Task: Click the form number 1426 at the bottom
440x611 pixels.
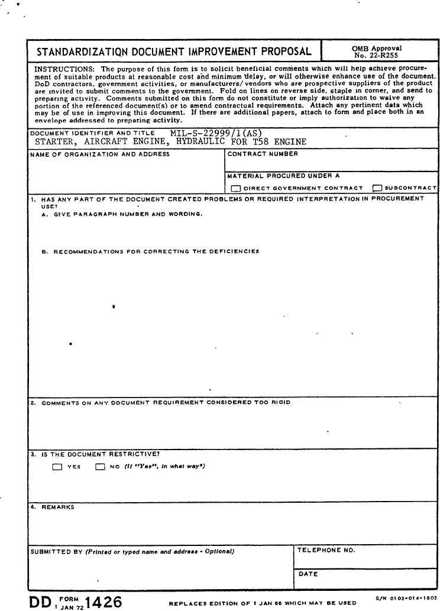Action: click(x=103, y=602)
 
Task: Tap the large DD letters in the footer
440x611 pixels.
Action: click(x=40, y=602)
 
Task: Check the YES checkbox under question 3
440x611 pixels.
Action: click(x=57, y=467)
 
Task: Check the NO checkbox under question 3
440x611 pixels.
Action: click(x=100, y=467)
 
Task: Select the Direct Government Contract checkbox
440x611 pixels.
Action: click(x=236, y=188)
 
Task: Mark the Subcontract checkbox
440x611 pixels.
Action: click(x=377, y=188)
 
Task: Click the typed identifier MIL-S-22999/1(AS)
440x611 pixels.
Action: click(x=216, y=133)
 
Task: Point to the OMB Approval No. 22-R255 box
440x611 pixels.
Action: click(x=377, y=51)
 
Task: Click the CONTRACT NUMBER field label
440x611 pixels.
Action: click(x=263, y=154)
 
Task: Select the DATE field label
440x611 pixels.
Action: click(x=309, y=574)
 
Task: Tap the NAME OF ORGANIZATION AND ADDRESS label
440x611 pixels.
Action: click(x=100, y=154)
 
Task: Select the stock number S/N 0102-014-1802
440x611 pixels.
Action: click(x=406, y=599)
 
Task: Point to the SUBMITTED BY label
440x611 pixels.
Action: click(x=56, y=551)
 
